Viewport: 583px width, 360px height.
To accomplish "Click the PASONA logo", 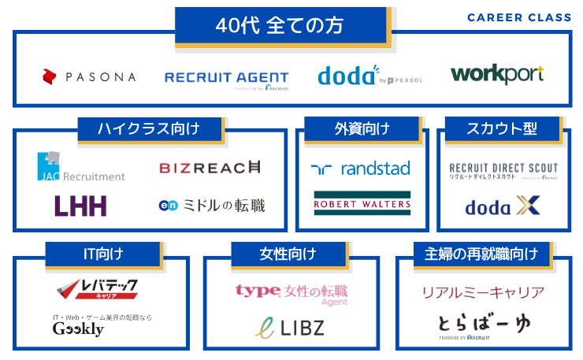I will [89, 76].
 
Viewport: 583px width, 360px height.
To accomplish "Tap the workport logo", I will [497, 75].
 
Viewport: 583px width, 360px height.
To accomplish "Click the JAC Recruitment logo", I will [81, 168].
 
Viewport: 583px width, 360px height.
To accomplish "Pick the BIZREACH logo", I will [210, 167].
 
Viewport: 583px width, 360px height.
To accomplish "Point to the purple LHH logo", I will [80, 206].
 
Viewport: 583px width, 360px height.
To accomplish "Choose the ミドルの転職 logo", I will [211, 206].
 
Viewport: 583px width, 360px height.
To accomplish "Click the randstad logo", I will [360, 169].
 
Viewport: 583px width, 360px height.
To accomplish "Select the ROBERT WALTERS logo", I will [362, 202].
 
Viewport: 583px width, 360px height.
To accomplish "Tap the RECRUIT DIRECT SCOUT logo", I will [503, 169].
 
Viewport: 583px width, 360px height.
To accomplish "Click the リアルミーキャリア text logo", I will [483, 293].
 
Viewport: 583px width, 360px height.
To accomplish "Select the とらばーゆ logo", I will [482, 323].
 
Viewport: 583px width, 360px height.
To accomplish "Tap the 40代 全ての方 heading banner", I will [280, 25].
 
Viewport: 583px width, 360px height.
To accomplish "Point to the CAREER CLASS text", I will [519, 17].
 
